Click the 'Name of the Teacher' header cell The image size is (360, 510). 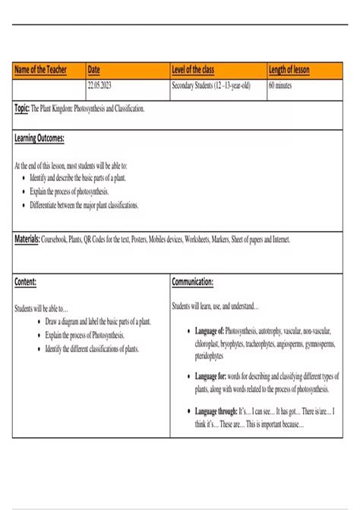click(x=40, y=70)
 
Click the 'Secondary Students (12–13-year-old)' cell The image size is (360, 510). click(x=211, y=86)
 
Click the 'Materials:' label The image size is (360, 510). click(x=27, y=239)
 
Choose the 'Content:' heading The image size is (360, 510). click(x=26, y=282)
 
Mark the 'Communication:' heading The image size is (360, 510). click(x=192, y=282)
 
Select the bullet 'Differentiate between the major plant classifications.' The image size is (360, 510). click(x=84, y=205)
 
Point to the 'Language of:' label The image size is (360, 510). click(x=209, y=332)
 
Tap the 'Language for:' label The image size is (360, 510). click(x=210, y=375)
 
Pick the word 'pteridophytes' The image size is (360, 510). click(x=210, y=356)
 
